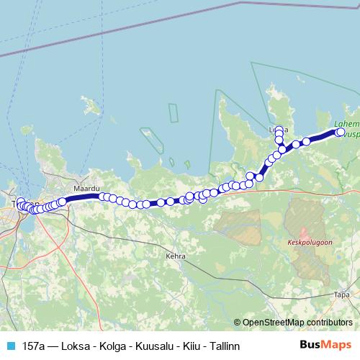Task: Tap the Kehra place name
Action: pos(176,256)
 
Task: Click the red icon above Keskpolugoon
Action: pos(304,233)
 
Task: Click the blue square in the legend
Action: pos(10,346)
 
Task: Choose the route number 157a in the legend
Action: pos(33,346)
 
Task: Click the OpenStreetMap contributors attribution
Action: pos(297,323)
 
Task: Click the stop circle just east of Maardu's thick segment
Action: pos(104,197)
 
